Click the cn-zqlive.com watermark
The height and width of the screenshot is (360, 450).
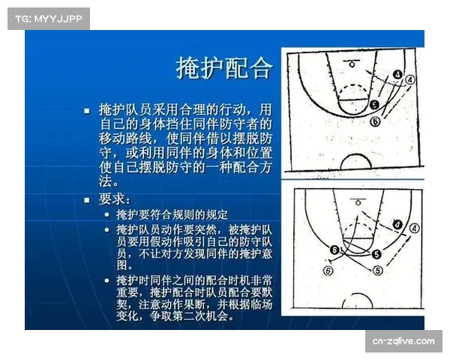pos(403,341)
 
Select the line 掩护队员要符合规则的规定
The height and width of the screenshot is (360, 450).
pos(172,214)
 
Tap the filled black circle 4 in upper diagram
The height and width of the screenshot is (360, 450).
pos(397,76)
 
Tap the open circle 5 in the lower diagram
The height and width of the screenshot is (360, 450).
pos(378,270)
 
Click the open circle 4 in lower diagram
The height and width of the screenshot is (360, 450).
pos(413,226)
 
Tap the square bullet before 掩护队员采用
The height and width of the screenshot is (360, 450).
pos(87,109)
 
